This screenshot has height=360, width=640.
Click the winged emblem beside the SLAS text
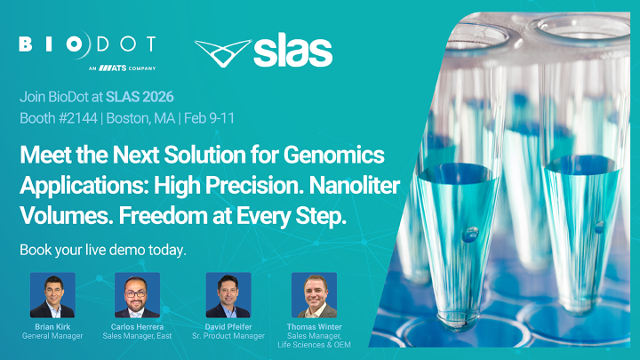pos(220,54)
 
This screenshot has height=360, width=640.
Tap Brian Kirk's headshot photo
pos(52,295)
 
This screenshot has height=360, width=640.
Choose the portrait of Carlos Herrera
pos(137,295)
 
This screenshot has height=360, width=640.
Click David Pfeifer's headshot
pos(228,295)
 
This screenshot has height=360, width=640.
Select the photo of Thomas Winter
pos(314,295)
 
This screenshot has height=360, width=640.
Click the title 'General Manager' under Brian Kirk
pos(52,336)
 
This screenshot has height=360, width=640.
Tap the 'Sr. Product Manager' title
pos(228,336)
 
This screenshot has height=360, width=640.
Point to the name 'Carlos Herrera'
pos(137,326)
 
